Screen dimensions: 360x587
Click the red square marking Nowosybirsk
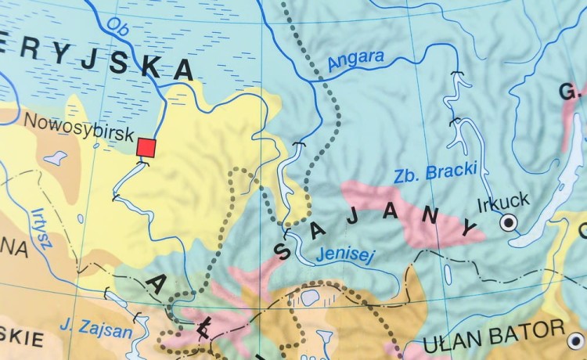point(146,147)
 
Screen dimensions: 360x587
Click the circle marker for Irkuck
point(509,223)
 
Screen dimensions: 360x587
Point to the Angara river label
point(356,62)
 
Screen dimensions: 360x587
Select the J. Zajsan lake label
point(95,330)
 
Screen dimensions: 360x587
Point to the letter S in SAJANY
point(283,251)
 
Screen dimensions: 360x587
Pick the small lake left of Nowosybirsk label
point(55,158)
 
